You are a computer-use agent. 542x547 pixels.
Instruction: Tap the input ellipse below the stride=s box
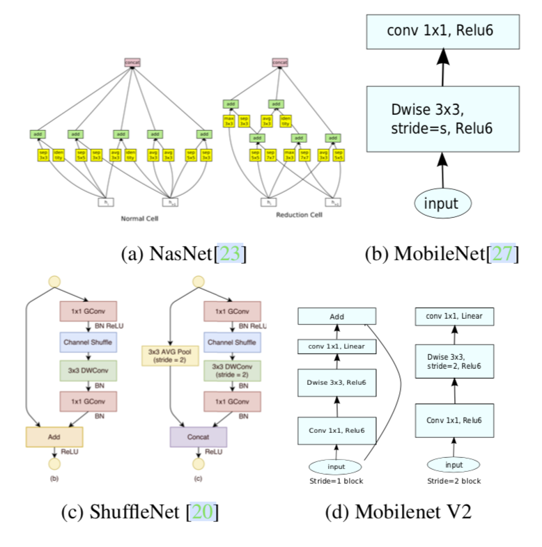point(443,203)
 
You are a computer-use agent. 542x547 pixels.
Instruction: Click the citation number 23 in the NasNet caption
point(231,254)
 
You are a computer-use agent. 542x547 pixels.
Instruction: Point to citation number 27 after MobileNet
point(502,254)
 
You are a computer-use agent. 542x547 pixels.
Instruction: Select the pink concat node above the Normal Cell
point(132,63)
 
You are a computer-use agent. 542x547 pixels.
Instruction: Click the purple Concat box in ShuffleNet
point(199,436)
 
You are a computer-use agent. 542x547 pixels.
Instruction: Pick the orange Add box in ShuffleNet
point(54,436)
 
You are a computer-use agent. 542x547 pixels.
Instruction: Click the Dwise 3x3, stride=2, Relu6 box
point(454,360)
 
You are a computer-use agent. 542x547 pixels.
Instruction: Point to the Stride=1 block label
point(336,480)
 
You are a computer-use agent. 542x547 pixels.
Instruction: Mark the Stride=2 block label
point(454,480)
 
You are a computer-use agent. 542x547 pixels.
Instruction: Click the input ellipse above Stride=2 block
point(454,464)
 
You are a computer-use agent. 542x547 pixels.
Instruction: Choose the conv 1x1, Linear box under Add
point(336,346)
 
